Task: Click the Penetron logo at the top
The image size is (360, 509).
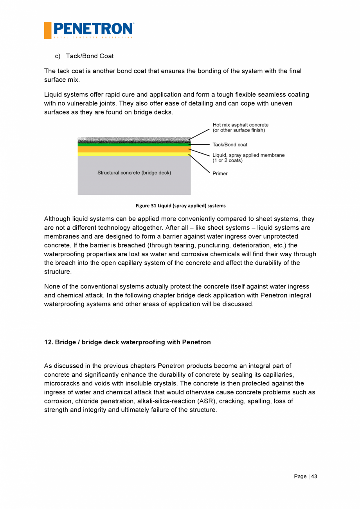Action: click(x=89, y=30)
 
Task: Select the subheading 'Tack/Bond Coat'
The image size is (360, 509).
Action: click(x=90, y=56)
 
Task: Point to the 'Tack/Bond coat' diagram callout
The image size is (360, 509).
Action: click(x=230, y=145)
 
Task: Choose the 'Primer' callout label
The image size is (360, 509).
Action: click(x=220, y=174)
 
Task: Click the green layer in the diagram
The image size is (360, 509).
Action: click(x=134, y=144)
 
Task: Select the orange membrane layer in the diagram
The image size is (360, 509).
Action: click(x=134, y=149)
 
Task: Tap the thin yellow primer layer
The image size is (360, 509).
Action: click(x=134, y=154)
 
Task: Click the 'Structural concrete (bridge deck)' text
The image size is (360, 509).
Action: click(x=134, y=173)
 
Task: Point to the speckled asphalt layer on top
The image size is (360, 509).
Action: click(x=134, y=140)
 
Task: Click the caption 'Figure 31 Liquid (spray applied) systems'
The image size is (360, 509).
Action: click(x=180, y=206)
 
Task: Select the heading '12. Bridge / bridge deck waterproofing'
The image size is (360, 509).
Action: click(x=127, y=342)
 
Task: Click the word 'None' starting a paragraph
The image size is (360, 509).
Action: click(x=52, y=286)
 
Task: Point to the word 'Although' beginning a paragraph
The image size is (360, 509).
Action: click(x=57, y=219)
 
